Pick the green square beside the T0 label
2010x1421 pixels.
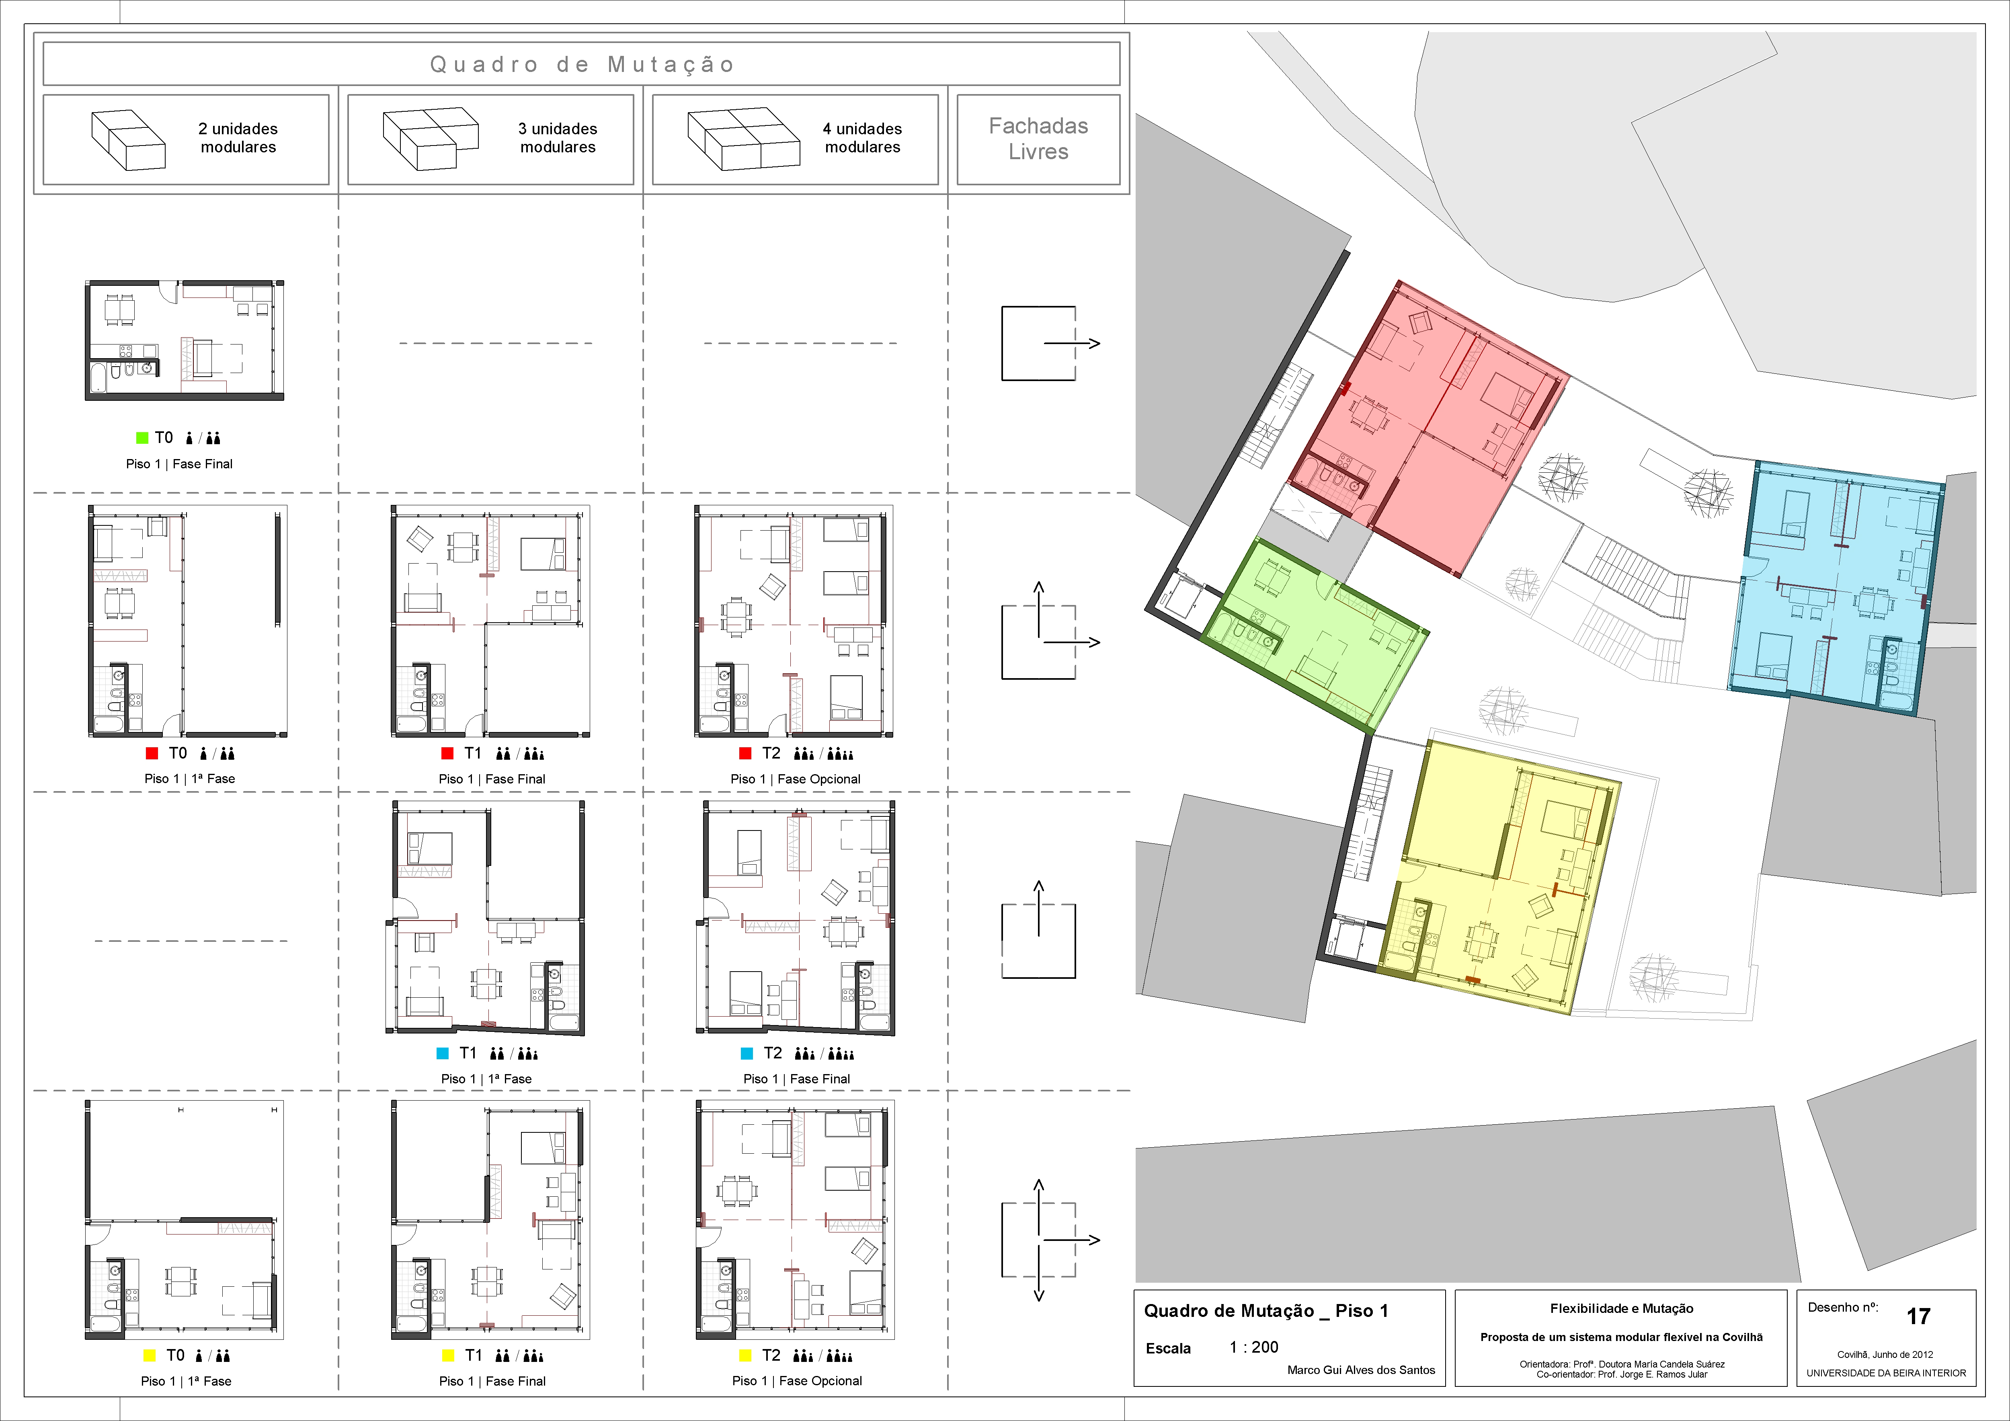(x=142, y=438)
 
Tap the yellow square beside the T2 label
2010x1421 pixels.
(x=746, y=1355)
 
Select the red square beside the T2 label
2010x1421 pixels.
(x=746, y=753)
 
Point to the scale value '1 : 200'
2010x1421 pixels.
(x=1253, y=1347)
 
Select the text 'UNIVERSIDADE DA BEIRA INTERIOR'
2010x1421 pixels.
(x=1886, y=1373)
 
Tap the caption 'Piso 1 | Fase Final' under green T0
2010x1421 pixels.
(x=179, y=464)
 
